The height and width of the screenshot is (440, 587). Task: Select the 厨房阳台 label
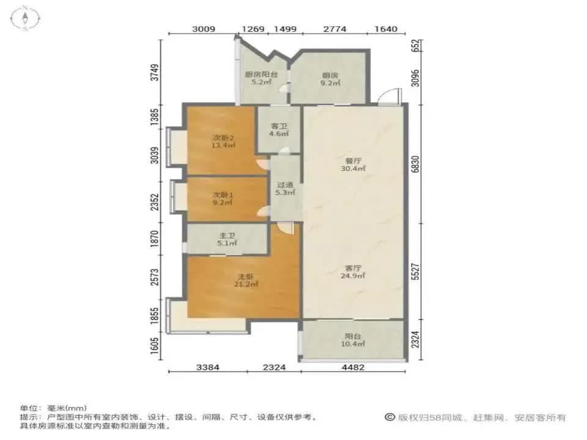262,75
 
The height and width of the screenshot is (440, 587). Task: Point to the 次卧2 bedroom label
223,137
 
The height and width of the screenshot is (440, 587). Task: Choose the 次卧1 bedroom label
223,195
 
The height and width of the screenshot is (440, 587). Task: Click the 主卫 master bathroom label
227,233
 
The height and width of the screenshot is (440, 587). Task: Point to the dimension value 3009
204,29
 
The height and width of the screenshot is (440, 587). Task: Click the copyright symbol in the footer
389,417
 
